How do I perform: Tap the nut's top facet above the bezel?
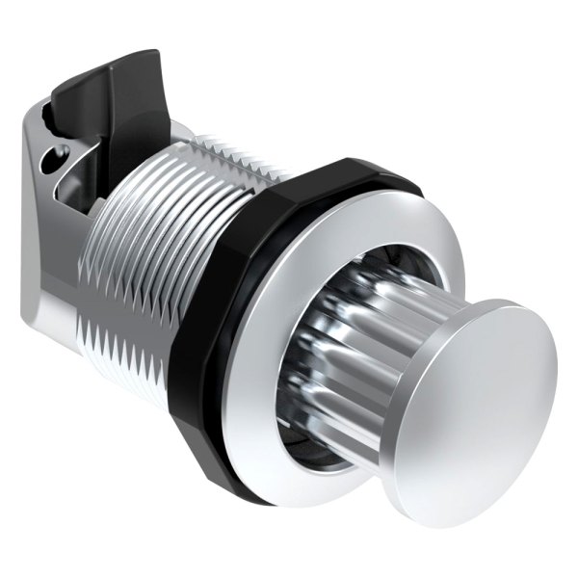(328, 173)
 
